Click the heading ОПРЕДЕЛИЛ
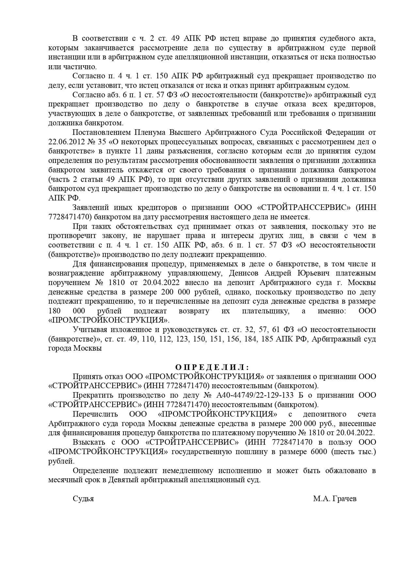coord(212,367)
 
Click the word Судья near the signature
coord(83,499)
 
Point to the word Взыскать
coord(89,442)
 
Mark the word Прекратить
coord(92,395)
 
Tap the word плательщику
coord(265,311)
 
